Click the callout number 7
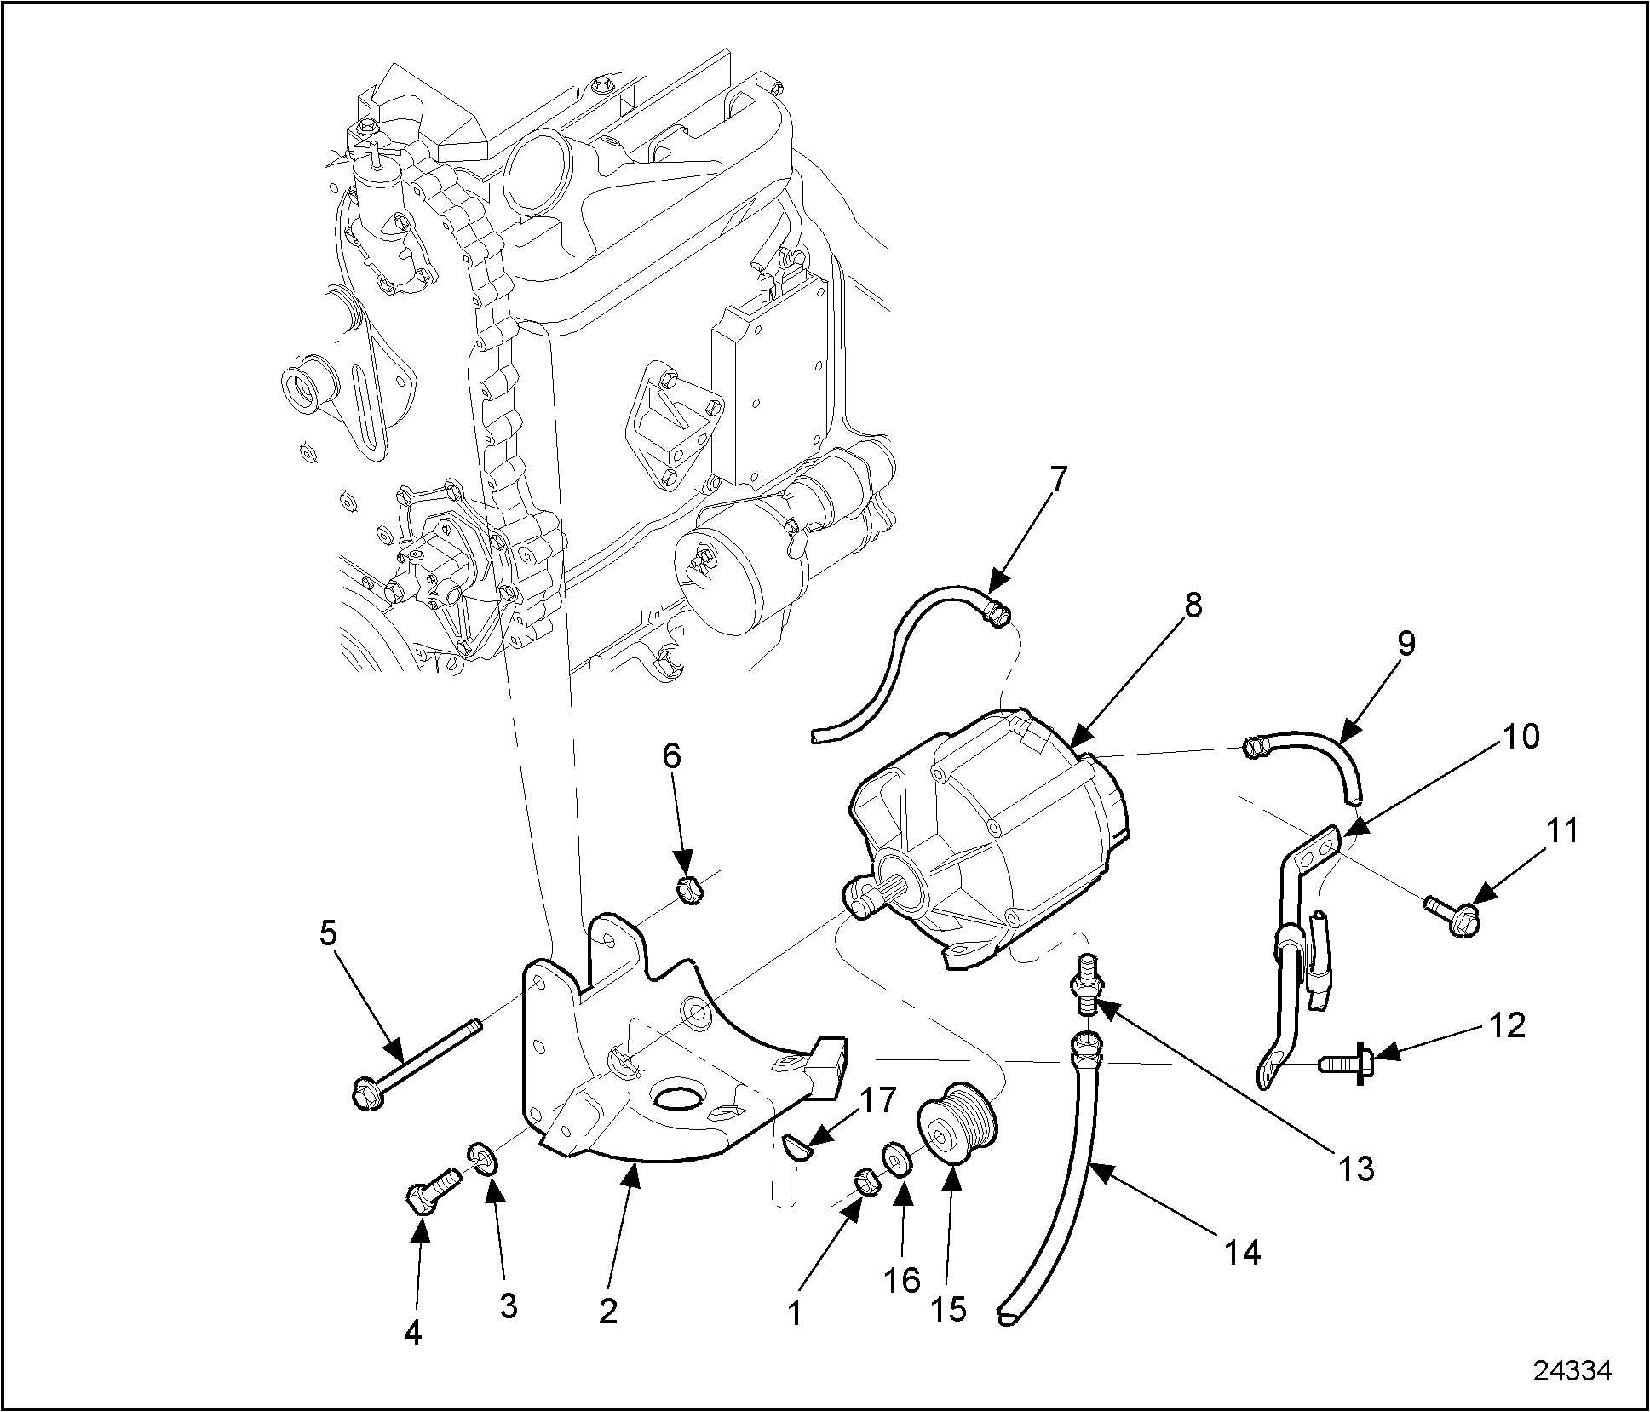pyautogui.click(x=1057, y=480)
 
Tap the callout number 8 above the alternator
pyautogui.click(x=1192, y=606)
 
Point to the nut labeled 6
pyautogui.click(x=687, y=890)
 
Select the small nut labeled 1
pyautogui.click(x=865, y=1180)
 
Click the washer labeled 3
pyautogui.click(x=482, y=1158)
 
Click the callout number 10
pyautogui.click(x=1522, y=736)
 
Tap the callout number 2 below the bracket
pyautogui.click(x=607, y=1311)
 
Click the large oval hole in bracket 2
pyautogui.click(x=678, y=1096)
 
